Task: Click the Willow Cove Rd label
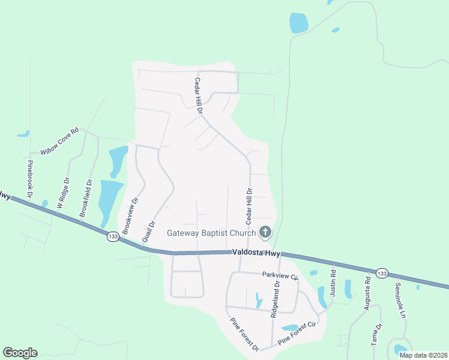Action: pos(59,141)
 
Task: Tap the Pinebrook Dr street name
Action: pos(29,178)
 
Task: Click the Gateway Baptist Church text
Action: pos(211,233)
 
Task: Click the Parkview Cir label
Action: pos(280,275)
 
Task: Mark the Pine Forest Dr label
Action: pos(244,334)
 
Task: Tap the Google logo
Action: pos(20,353)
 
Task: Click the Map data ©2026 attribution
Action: pos(423,355)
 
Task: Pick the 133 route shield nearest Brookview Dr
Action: pos(113,236)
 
